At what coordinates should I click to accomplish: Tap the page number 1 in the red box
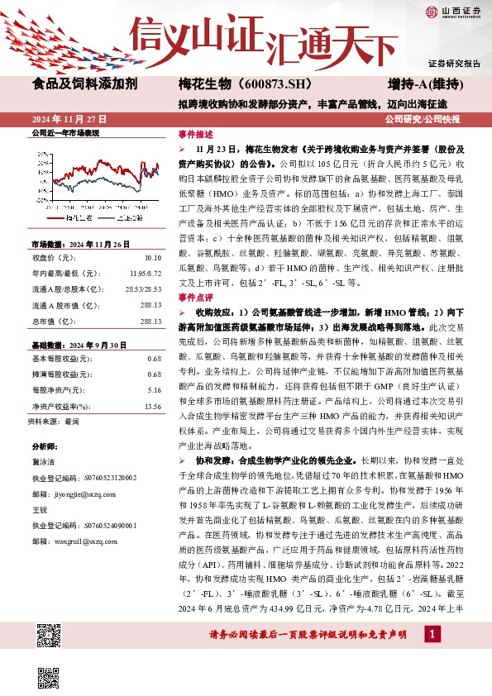pos(431,657)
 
